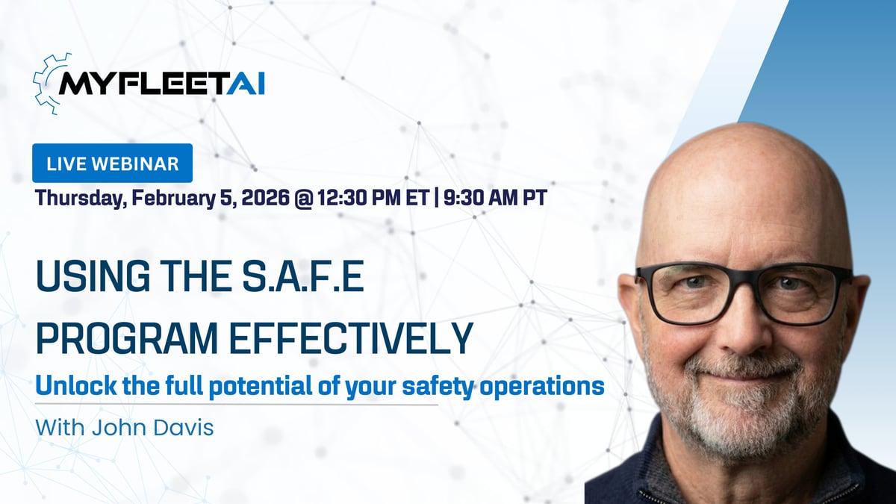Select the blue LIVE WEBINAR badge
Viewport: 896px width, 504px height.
(x=112, y=164)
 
